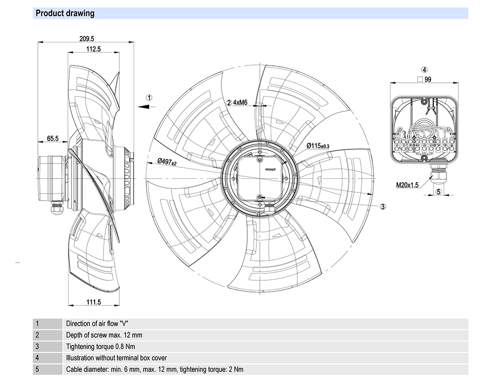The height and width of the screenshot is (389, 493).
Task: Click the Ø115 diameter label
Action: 317,146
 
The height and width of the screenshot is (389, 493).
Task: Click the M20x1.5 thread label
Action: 407,185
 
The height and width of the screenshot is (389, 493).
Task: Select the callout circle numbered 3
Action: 383,207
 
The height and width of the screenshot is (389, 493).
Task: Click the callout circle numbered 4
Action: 424,70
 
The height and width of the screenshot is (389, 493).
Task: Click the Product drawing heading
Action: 65,13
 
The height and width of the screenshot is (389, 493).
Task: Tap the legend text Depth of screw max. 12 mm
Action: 104,335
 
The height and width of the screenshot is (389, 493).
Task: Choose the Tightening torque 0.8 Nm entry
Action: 101,346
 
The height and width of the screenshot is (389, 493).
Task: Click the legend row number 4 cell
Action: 37,358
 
